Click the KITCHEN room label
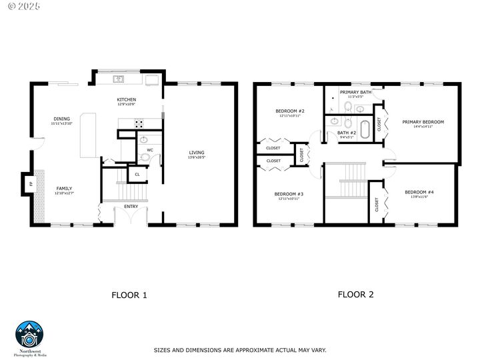[x=127, y=99]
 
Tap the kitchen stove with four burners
[x=139, y=123]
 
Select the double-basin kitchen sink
[x=119, y=79]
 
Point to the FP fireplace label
[x=30, y=182]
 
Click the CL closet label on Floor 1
[x=137, y=174]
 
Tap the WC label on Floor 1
[x=150, y=150]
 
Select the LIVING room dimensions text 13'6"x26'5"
[x=197, y=157]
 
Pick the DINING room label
[x=61, y=119]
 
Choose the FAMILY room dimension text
[x=64, y=193]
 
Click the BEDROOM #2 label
[x=290, y=111]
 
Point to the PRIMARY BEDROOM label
[x=423, y=121]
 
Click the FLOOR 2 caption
[x=355, y=294]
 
